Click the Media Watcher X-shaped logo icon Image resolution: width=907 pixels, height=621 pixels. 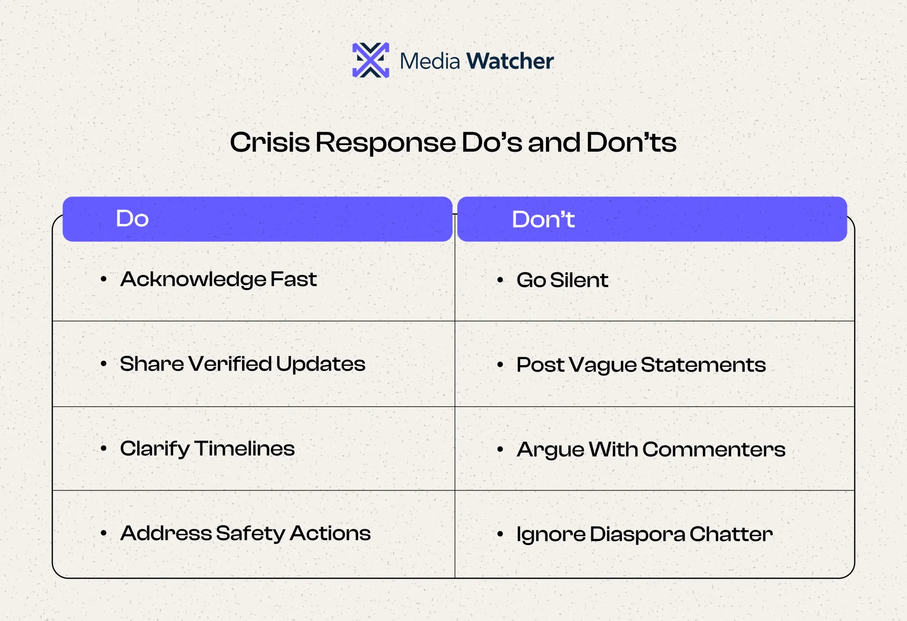pos(370,60)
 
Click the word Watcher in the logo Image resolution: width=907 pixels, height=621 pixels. pos(510,61)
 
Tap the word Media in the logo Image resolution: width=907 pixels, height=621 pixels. pos(430,62)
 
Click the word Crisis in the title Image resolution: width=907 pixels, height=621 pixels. pos(270,142)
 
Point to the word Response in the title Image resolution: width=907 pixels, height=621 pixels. pos(385,143)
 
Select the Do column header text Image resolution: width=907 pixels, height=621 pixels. pos(132,218)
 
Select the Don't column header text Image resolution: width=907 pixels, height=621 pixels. pos(543,219)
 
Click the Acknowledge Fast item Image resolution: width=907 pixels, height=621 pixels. pos(218,280)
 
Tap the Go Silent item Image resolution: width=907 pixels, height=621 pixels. pos(562,280)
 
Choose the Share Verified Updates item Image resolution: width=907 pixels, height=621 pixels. pos(242,364)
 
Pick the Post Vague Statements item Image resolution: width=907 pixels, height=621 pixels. pos(641,365)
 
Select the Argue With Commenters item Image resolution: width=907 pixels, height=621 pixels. pos(650,450)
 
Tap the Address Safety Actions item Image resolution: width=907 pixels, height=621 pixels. pos(245,534)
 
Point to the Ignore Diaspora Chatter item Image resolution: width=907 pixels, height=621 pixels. pos(644,534)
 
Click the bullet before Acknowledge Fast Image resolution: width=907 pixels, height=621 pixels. pos(103,279)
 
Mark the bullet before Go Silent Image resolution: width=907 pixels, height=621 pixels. pos(500,280)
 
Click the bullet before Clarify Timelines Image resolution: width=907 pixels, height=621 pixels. pos(103,448)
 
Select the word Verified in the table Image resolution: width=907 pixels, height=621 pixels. pos(230,364)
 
